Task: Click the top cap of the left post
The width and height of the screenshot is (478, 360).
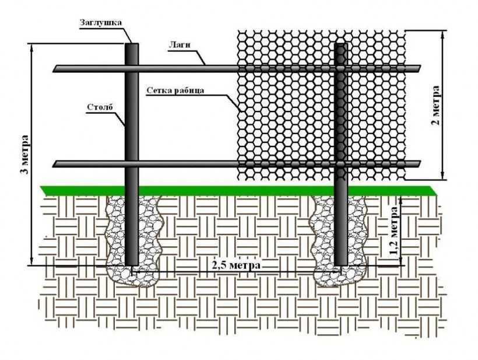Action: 133,44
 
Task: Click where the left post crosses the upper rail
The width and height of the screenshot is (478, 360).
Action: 133,69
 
